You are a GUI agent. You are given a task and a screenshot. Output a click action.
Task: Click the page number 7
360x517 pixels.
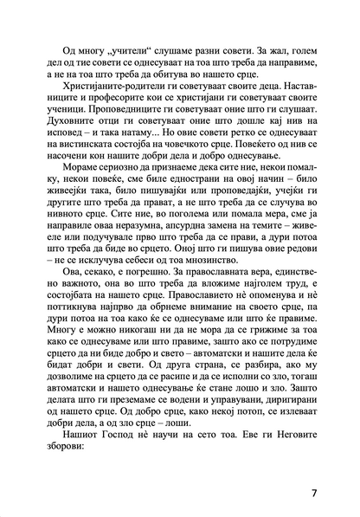(x=313, y=495)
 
